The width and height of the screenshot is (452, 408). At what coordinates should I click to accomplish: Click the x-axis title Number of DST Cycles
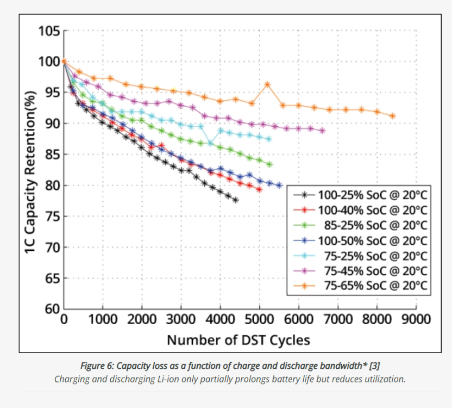click(x=238, y=341)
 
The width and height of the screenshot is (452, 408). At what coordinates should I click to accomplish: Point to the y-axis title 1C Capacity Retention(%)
click(x=30, y=170)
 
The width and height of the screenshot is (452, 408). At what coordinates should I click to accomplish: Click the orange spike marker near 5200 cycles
click(x=267, y=84)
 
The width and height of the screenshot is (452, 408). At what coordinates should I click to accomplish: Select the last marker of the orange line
click(x=392, y=116)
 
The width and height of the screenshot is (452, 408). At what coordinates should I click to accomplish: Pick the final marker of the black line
click(x=235, y=200)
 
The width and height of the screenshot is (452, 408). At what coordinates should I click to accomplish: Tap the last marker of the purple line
click(x=322, y=131)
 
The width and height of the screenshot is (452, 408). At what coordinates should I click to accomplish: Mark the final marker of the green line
click(x=269, y=164)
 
